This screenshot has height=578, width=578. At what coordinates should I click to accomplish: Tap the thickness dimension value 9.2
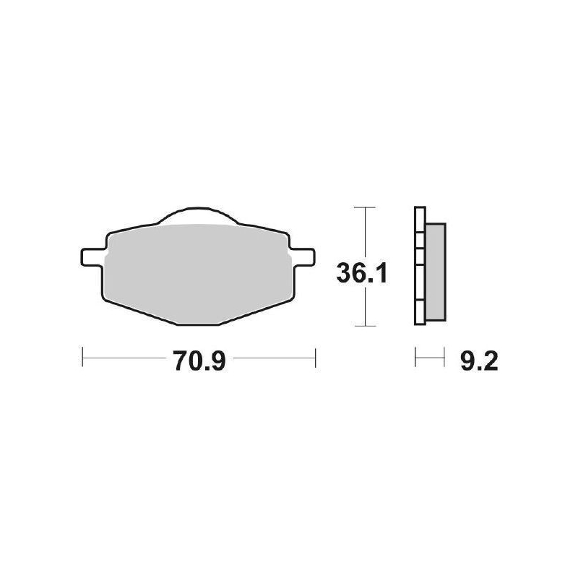pyautogui.click(x=478, y=360)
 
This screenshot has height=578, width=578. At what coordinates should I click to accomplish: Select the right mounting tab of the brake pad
pyautogui.click(x=304, y=256)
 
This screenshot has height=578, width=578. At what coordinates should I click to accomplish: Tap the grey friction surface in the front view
pyautogui.click(x=199, y=271)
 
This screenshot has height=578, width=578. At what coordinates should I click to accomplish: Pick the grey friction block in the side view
pyautogui.click(x=435, y=271)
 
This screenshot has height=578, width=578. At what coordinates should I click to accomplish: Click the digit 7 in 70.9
pyautogui.click(x=179, y=360)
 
